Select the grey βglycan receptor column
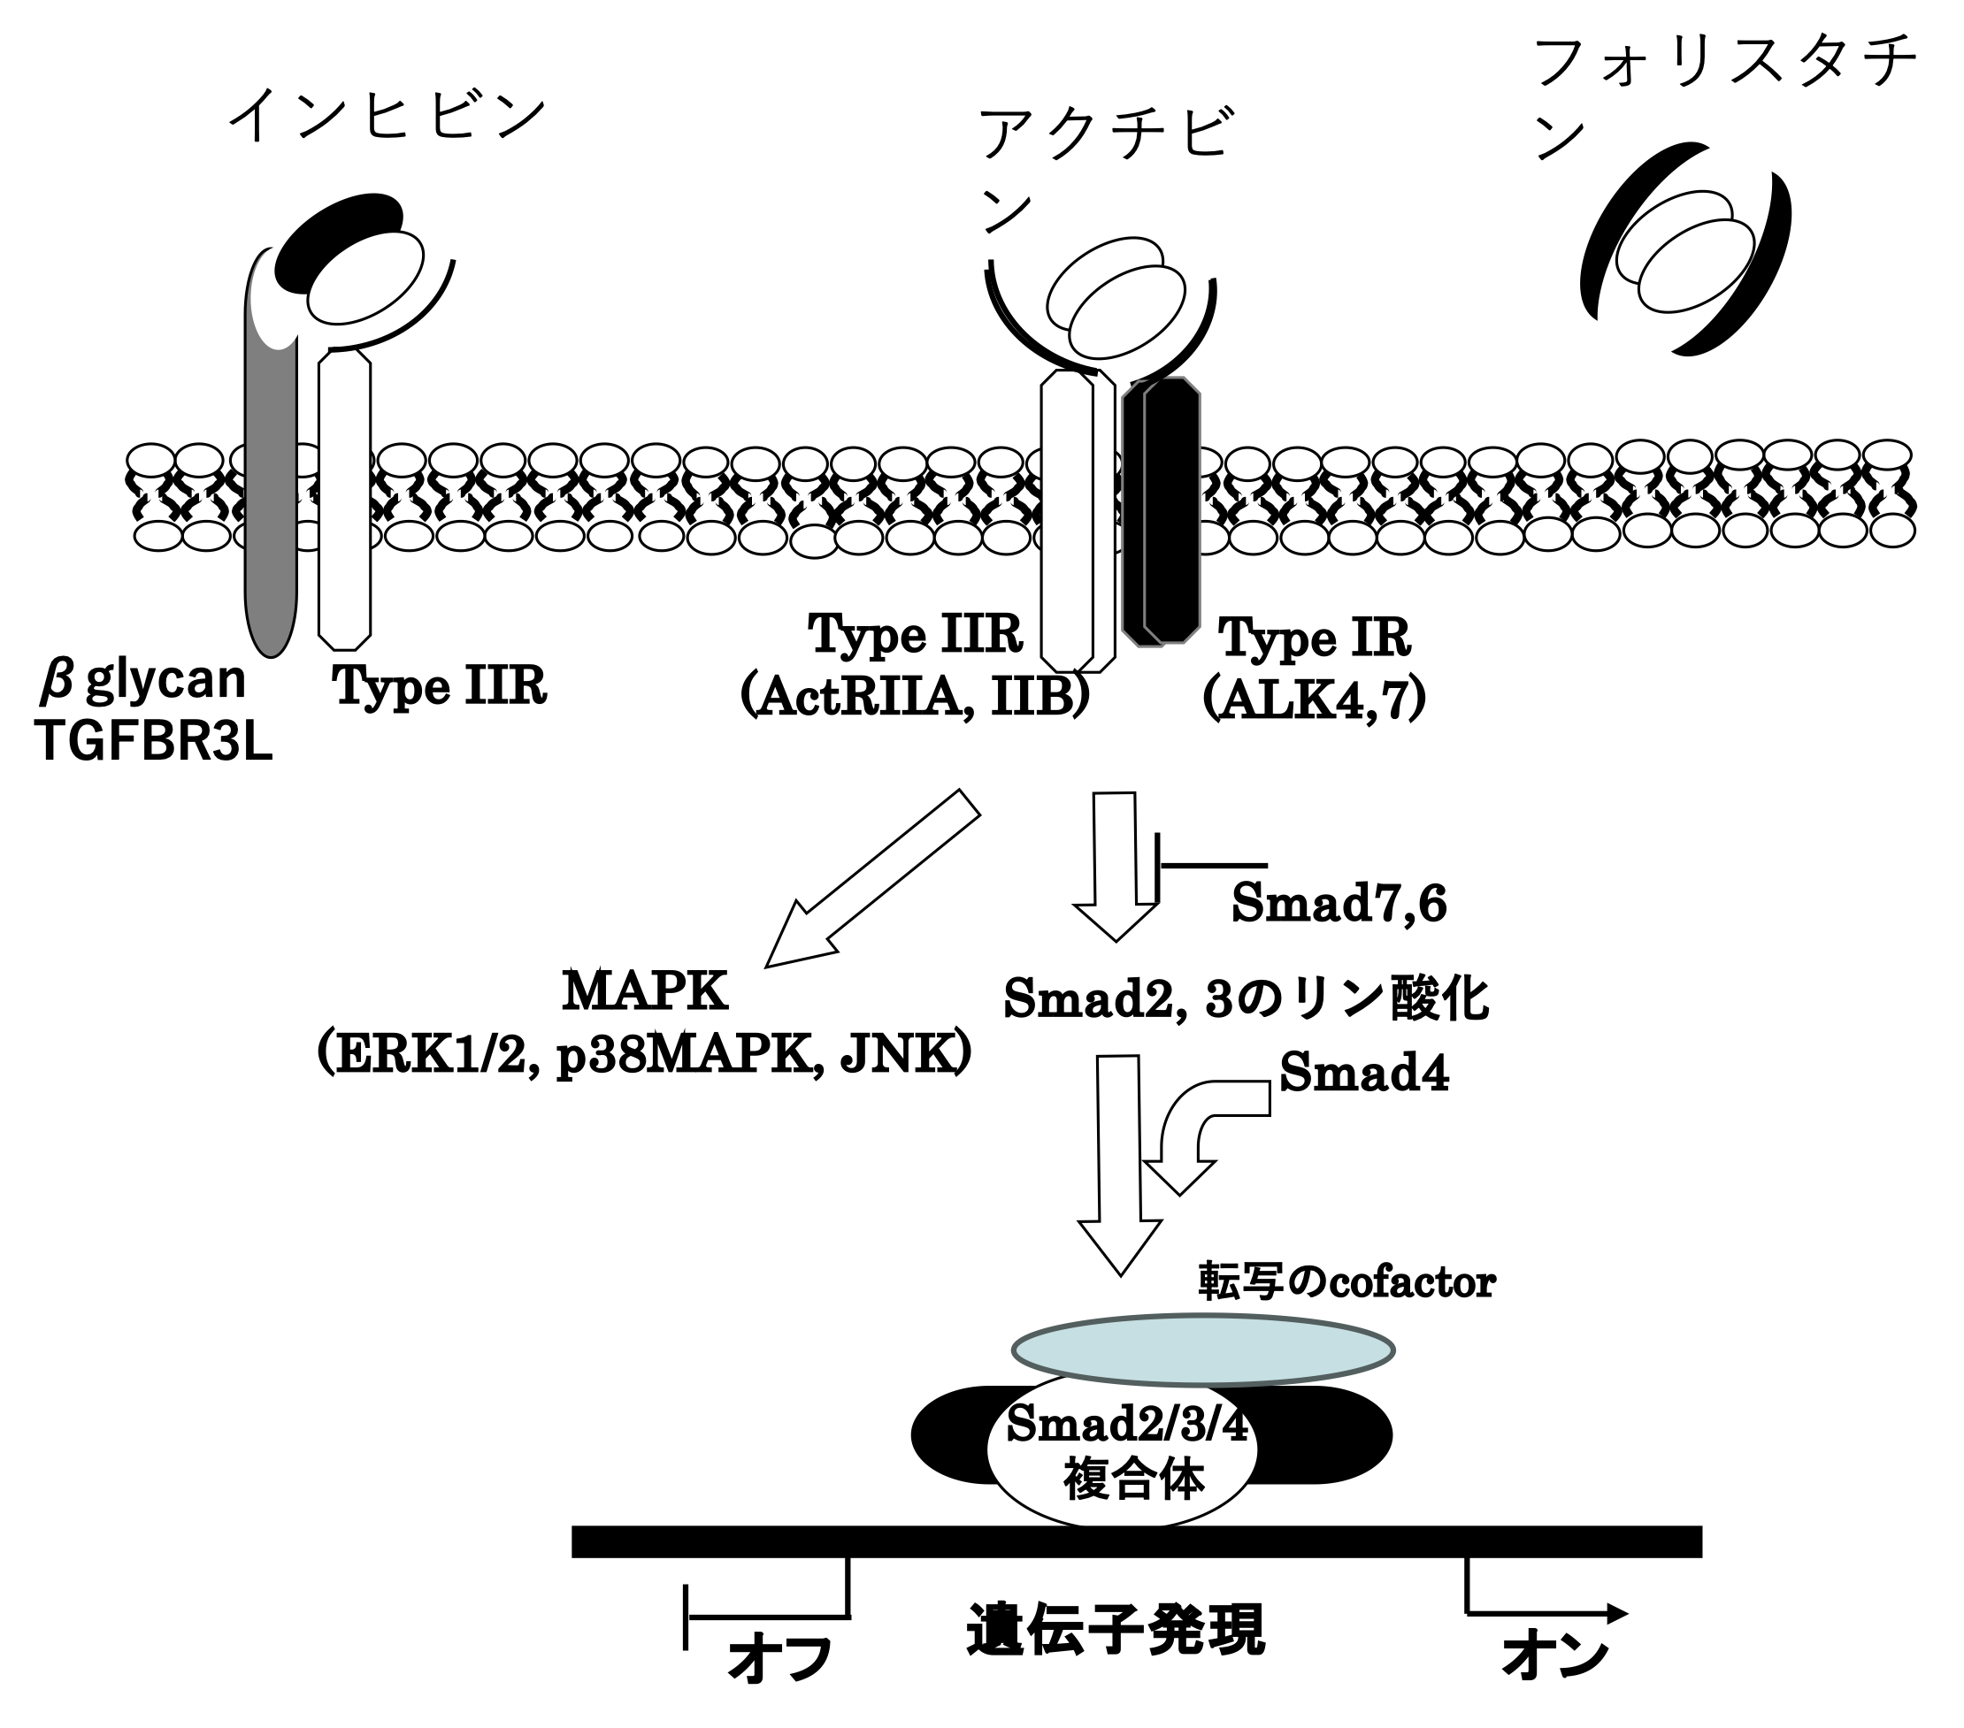coord(271,500)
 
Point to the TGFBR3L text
coord(155,742)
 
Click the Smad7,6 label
coord(1339,904)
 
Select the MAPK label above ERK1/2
coord(645,991)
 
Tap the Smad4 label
coord(1364,1072)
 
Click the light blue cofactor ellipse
coord(1202,1350)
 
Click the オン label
coord(1554,1656)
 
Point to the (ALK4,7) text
coord(1314,702)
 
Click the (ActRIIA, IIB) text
coord(915,699)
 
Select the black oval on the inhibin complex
coord(338,237)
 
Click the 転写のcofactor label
coord(1346,1281)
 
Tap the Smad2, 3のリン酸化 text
coord(1247,999)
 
